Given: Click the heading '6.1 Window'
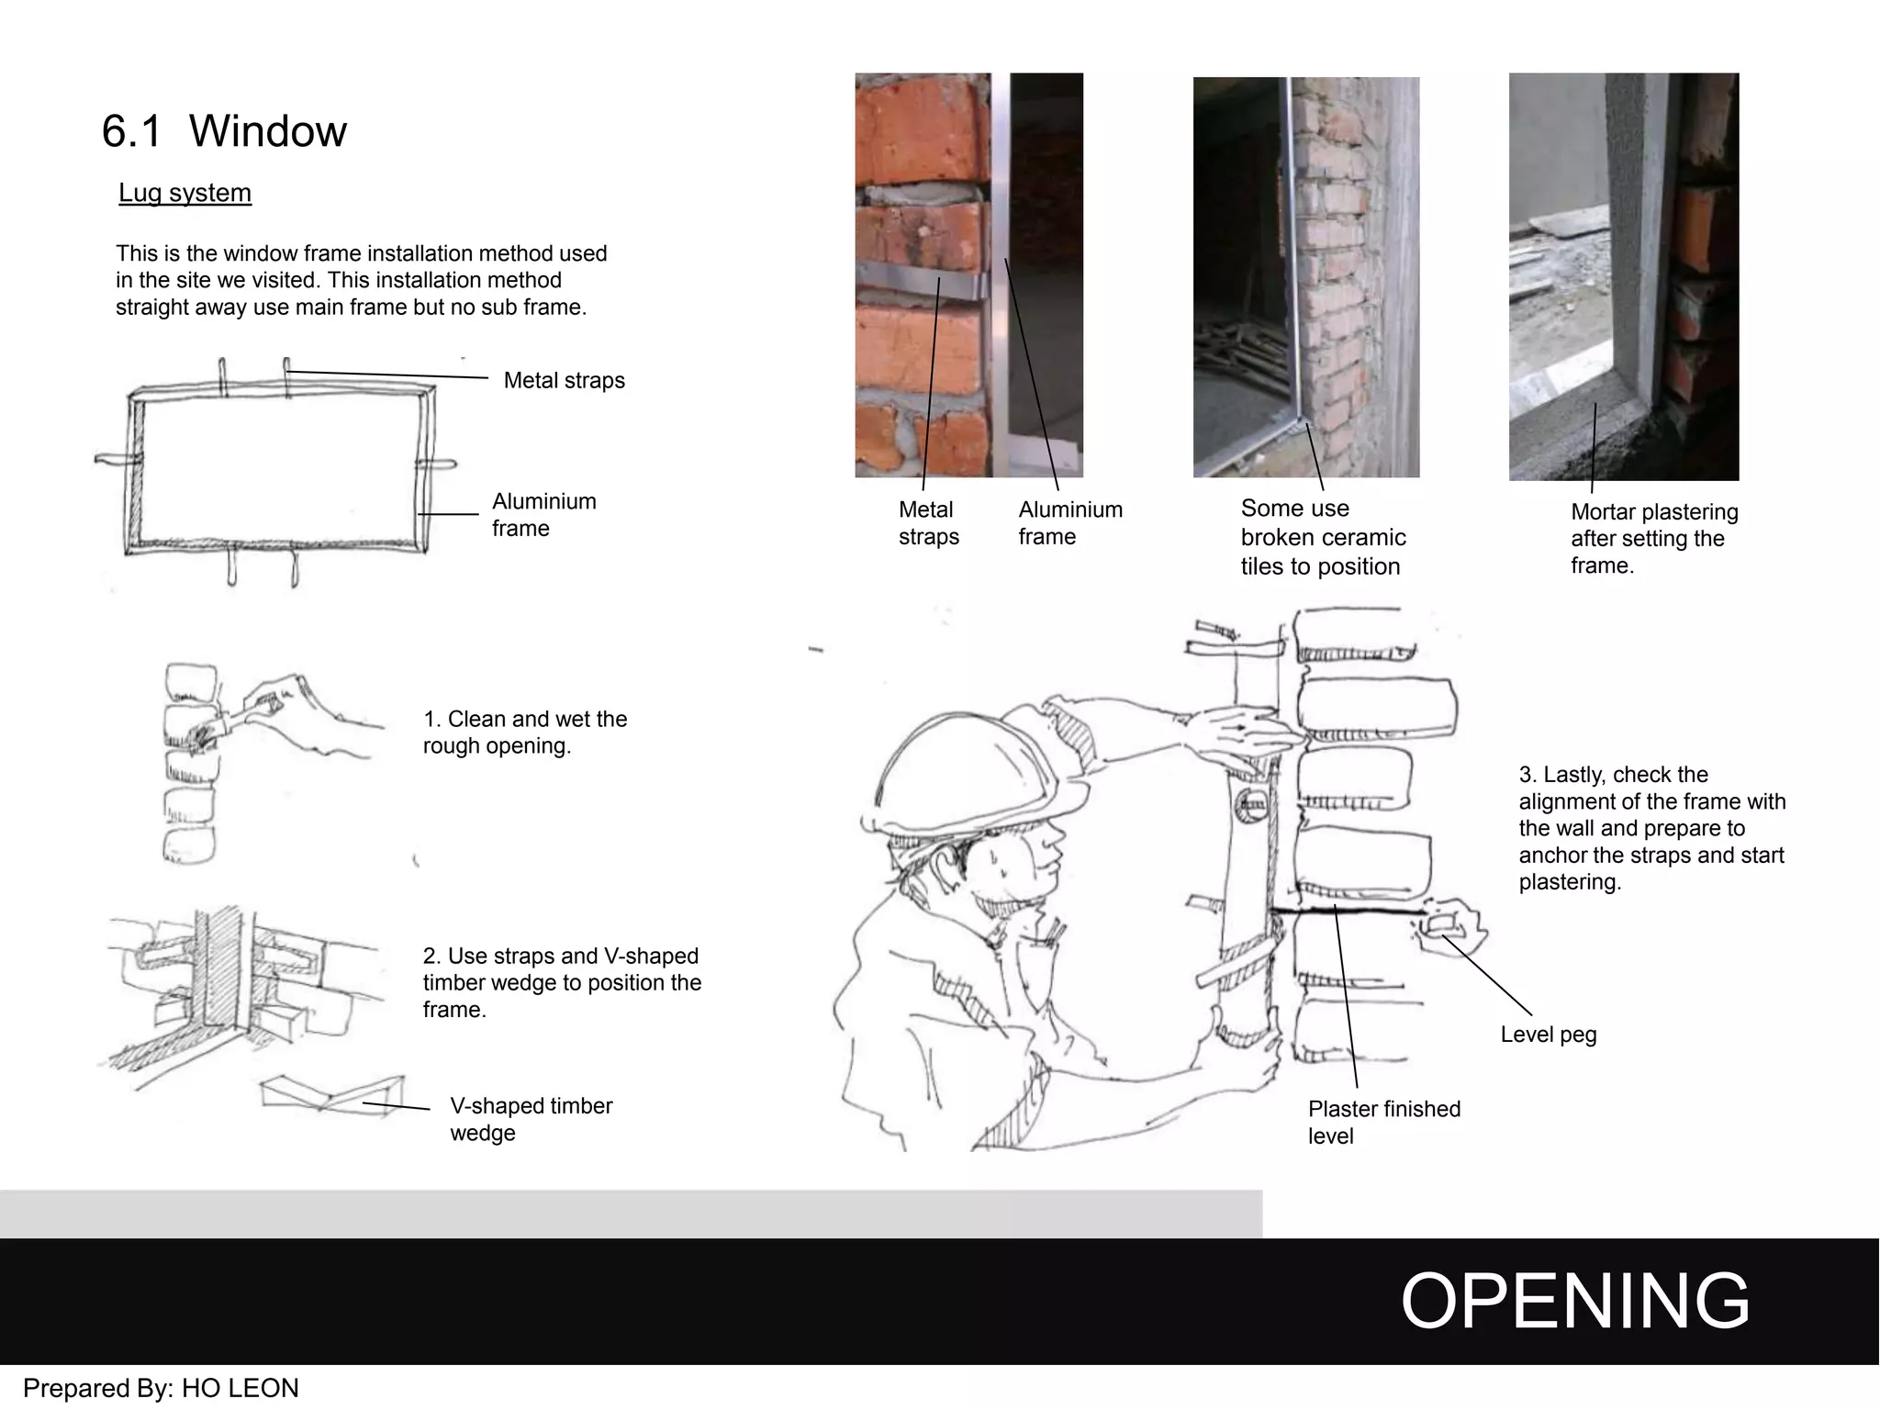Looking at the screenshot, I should coord(224,131).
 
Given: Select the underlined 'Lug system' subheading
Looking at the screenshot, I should coord(185,193).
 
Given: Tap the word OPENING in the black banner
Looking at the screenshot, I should coord(1574,1301).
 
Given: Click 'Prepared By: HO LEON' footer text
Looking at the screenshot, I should coord(161,1388).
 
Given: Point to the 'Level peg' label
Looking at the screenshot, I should coord(1548,1035).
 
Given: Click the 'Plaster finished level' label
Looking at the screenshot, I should coord(1383,1122).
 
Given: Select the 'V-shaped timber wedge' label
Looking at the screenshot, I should coord(531,1119).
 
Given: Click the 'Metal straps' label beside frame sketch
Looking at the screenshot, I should coord(564,380).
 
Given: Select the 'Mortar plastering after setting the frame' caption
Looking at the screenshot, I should coord(1653,538).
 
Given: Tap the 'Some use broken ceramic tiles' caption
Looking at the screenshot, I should coord(1322,537).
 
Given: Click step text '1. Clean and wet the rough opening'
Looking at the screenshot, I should coord(524,732).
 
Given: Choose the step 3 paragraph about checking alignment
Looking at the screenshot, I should coord(1651,828).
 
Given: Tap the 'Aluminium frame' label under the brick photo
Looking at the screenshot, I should coord(1069,522).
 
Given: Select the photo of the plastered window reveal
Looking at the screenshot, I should coord(1623,276).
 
